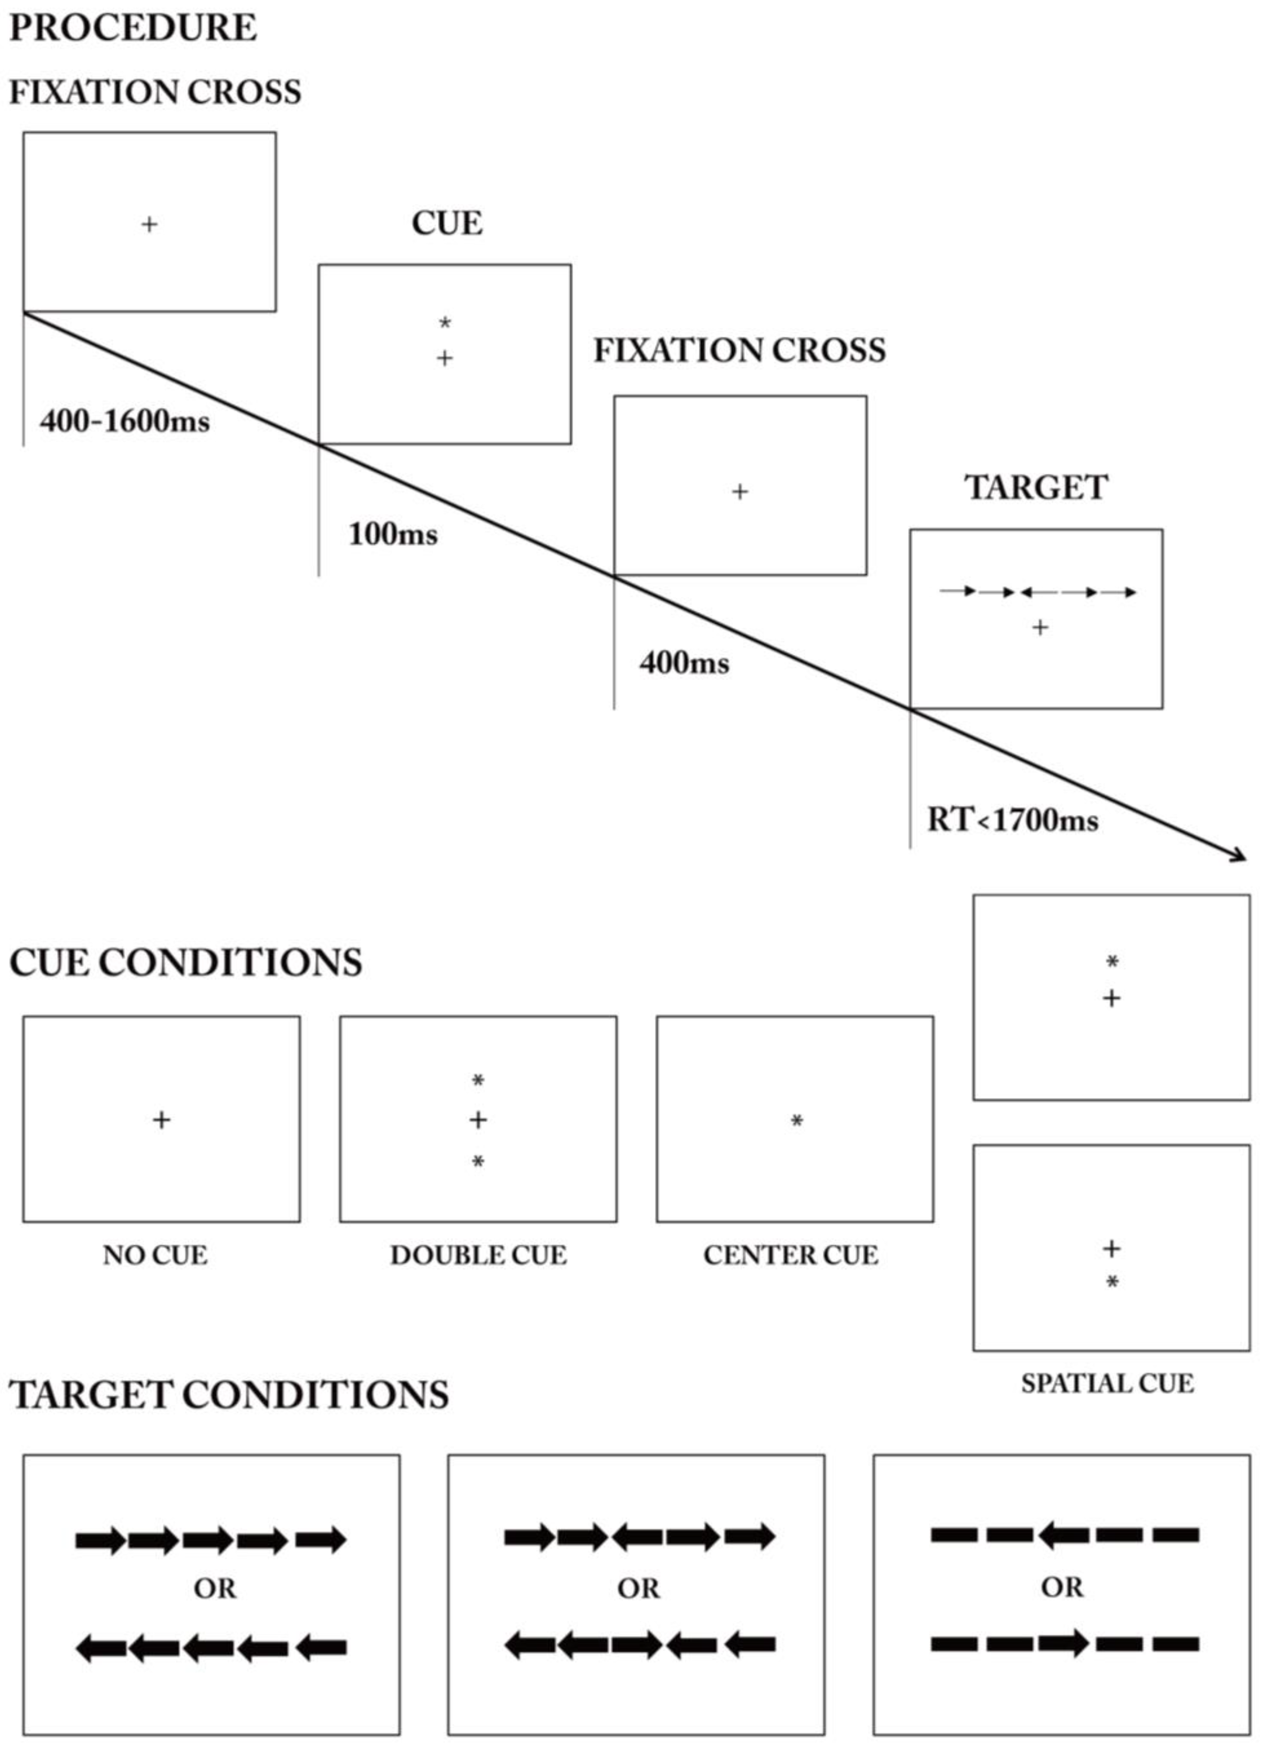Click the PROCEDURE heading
point(133,28)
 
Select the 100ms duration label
point(392,534)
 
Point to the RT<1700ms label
point(1012,820)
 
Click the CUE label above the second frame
point(446,223)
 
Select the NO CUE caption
point(155,1256)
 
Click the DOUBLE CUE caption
point(478,1256)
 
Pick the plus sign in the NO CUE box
point(161,1120)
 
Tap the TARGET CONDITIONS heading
point(229,1395)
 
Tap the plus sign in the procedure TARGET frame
point(1040,628)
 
